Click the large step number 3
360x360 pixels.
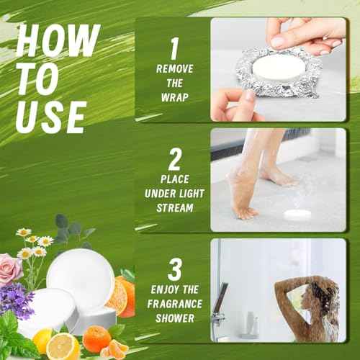tap(174, 269)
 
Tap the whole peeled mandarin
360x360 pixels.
tap(96, 338)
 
